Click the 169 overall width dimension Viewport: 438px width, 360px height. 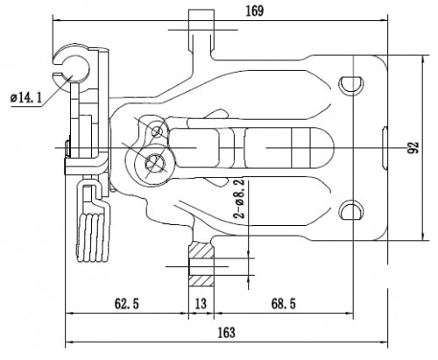(x=255, y=11)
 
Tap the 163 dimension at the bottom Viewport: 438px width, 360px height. (x=227, y=332)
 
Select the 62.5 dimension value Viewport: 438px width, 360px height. (x=126, y=304)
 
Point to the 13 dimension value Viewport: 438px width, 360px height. (x=201, y=304)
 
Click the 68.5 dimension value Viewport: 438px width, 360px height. (x=284, y=304)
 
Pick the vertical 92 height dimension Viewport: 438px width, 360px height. (x=413, y=147)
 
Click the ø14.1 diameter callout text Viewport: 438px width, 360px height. (x=26, y=98)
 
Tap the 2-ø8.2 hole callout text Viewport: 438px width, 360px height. (x=238, y=199)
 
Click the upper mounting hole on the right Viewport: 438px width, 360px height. (x=351, y=85)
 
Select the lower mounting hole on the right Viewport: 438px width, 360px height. (x=351, y=210)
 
